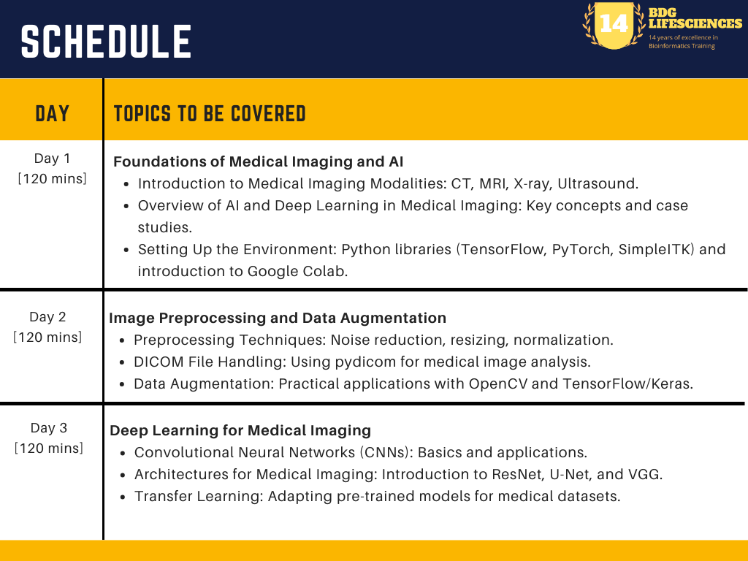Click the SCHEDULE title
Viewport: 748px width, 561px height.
pos(106,42)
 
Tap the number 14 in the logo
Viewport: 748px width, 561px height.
pos(614,23)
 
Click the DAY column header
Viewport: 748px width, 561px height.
pos(53,114)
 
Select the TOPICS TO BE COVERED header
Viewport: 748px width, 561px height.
pos(210,114)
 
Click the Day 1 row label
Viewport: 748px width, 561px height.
pos(52,159)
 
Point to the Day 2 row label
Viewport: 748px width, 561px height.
pos(47,317)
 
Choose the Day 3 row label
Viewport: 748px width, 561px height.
pos(49,428)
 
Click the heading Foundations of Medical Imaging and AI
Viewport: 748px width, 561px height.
pos(258,161)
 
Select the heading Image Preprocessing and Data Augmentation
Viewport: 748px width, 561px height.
pos(278,318)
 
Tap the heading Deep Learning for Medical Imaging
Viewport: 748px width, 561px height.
pos(240,431)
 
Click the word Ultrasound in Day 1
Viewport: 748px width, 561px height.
pos(598,183)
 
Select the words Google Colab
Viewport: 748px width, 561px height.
pos(297,272)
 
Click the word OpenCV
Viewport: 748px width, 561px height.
pos(498,384)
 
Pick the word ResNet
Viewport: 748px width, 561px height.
pos(518,475)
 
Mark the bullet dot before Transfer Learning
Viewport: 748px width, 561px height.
pos(123,497)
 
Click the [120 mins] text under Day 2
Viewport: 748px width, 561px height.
pos(47,337)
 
